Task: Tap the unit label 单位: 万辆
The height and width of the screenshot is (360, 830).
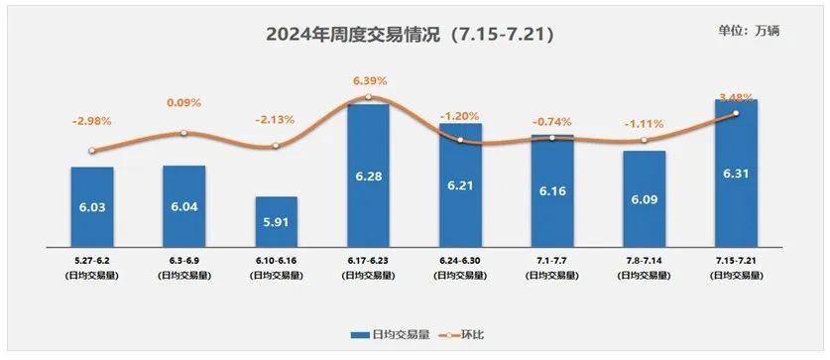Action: pos(749,31)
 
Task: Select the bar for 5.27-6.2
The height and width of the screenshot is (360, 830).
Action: pos(92,205)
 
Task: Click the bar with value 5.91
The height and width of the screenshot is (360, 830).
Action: pos(276,220)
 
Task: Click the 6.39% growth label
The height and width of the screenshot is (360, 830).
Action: pos(368,80)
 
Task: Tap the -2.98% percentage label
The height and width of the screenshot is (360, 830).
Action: pos(92,121)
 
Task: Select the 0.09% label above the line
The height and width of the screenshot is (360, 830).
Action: pos(183,101)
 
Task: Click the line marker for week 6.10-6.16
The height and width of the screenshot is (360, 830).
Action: pos(276,146)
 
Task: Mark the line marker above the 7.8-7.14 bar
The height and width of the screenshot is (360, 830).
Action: pos(644,140)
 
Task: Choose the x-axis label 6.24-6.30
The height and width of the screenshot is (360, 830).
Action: pos(460,261)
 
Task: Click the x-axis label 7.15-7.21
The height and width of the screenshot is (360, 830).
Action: pos(736,261)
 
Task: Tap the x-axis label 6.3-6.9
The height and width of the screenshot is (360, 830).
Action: pos(183,261)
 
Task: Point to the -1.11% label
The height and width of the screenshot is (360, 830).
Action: pos(644,124)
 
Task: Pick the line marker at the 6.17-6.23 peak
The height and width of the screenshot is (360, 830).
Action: pos(368,97)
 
